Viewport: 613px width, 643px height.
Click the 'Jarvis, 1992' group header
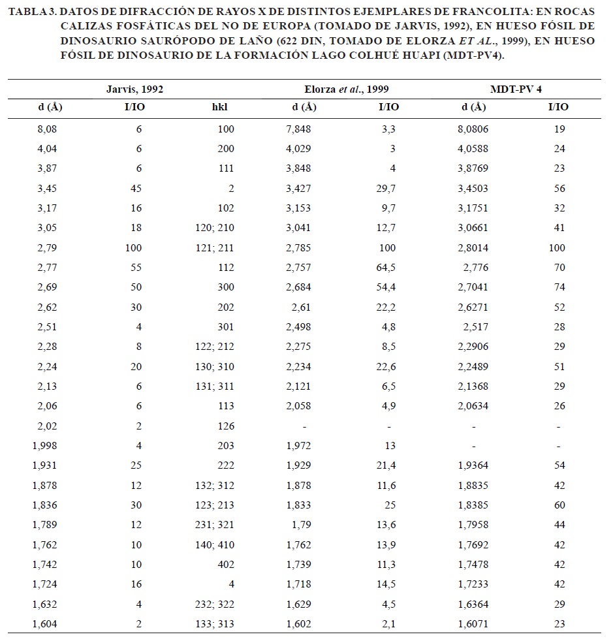click(134, 89)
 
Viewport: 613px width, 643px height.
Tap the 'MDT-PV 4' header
click(516, 89)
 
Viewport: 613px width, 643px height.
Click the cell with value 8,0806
click(474, 129)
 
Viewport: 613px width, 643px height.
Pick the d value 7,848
click(298, 129)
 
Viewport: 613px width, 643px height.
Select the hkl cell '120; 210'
click(216, 228)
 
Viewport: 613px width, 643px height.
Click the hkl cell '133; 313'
click(216, 624)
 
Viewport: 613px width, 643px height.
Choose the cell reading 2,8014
click(474, 248)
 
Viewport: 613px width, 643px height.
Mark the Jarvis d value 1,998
click(44, 446)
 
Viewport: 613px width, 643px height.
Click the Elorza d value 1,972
click(298, 446)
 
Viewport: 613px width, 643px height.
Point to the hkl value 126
click(226, 426)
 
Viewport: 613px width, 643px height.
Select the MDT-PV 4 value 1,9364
click(474, 466)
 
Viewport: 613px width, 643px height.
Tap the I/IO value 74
click(559, 287)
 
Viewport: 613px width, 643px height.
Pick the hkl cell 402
click(226, 565)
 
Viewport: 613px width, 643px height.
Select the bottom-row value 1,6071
click(474, 624)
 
